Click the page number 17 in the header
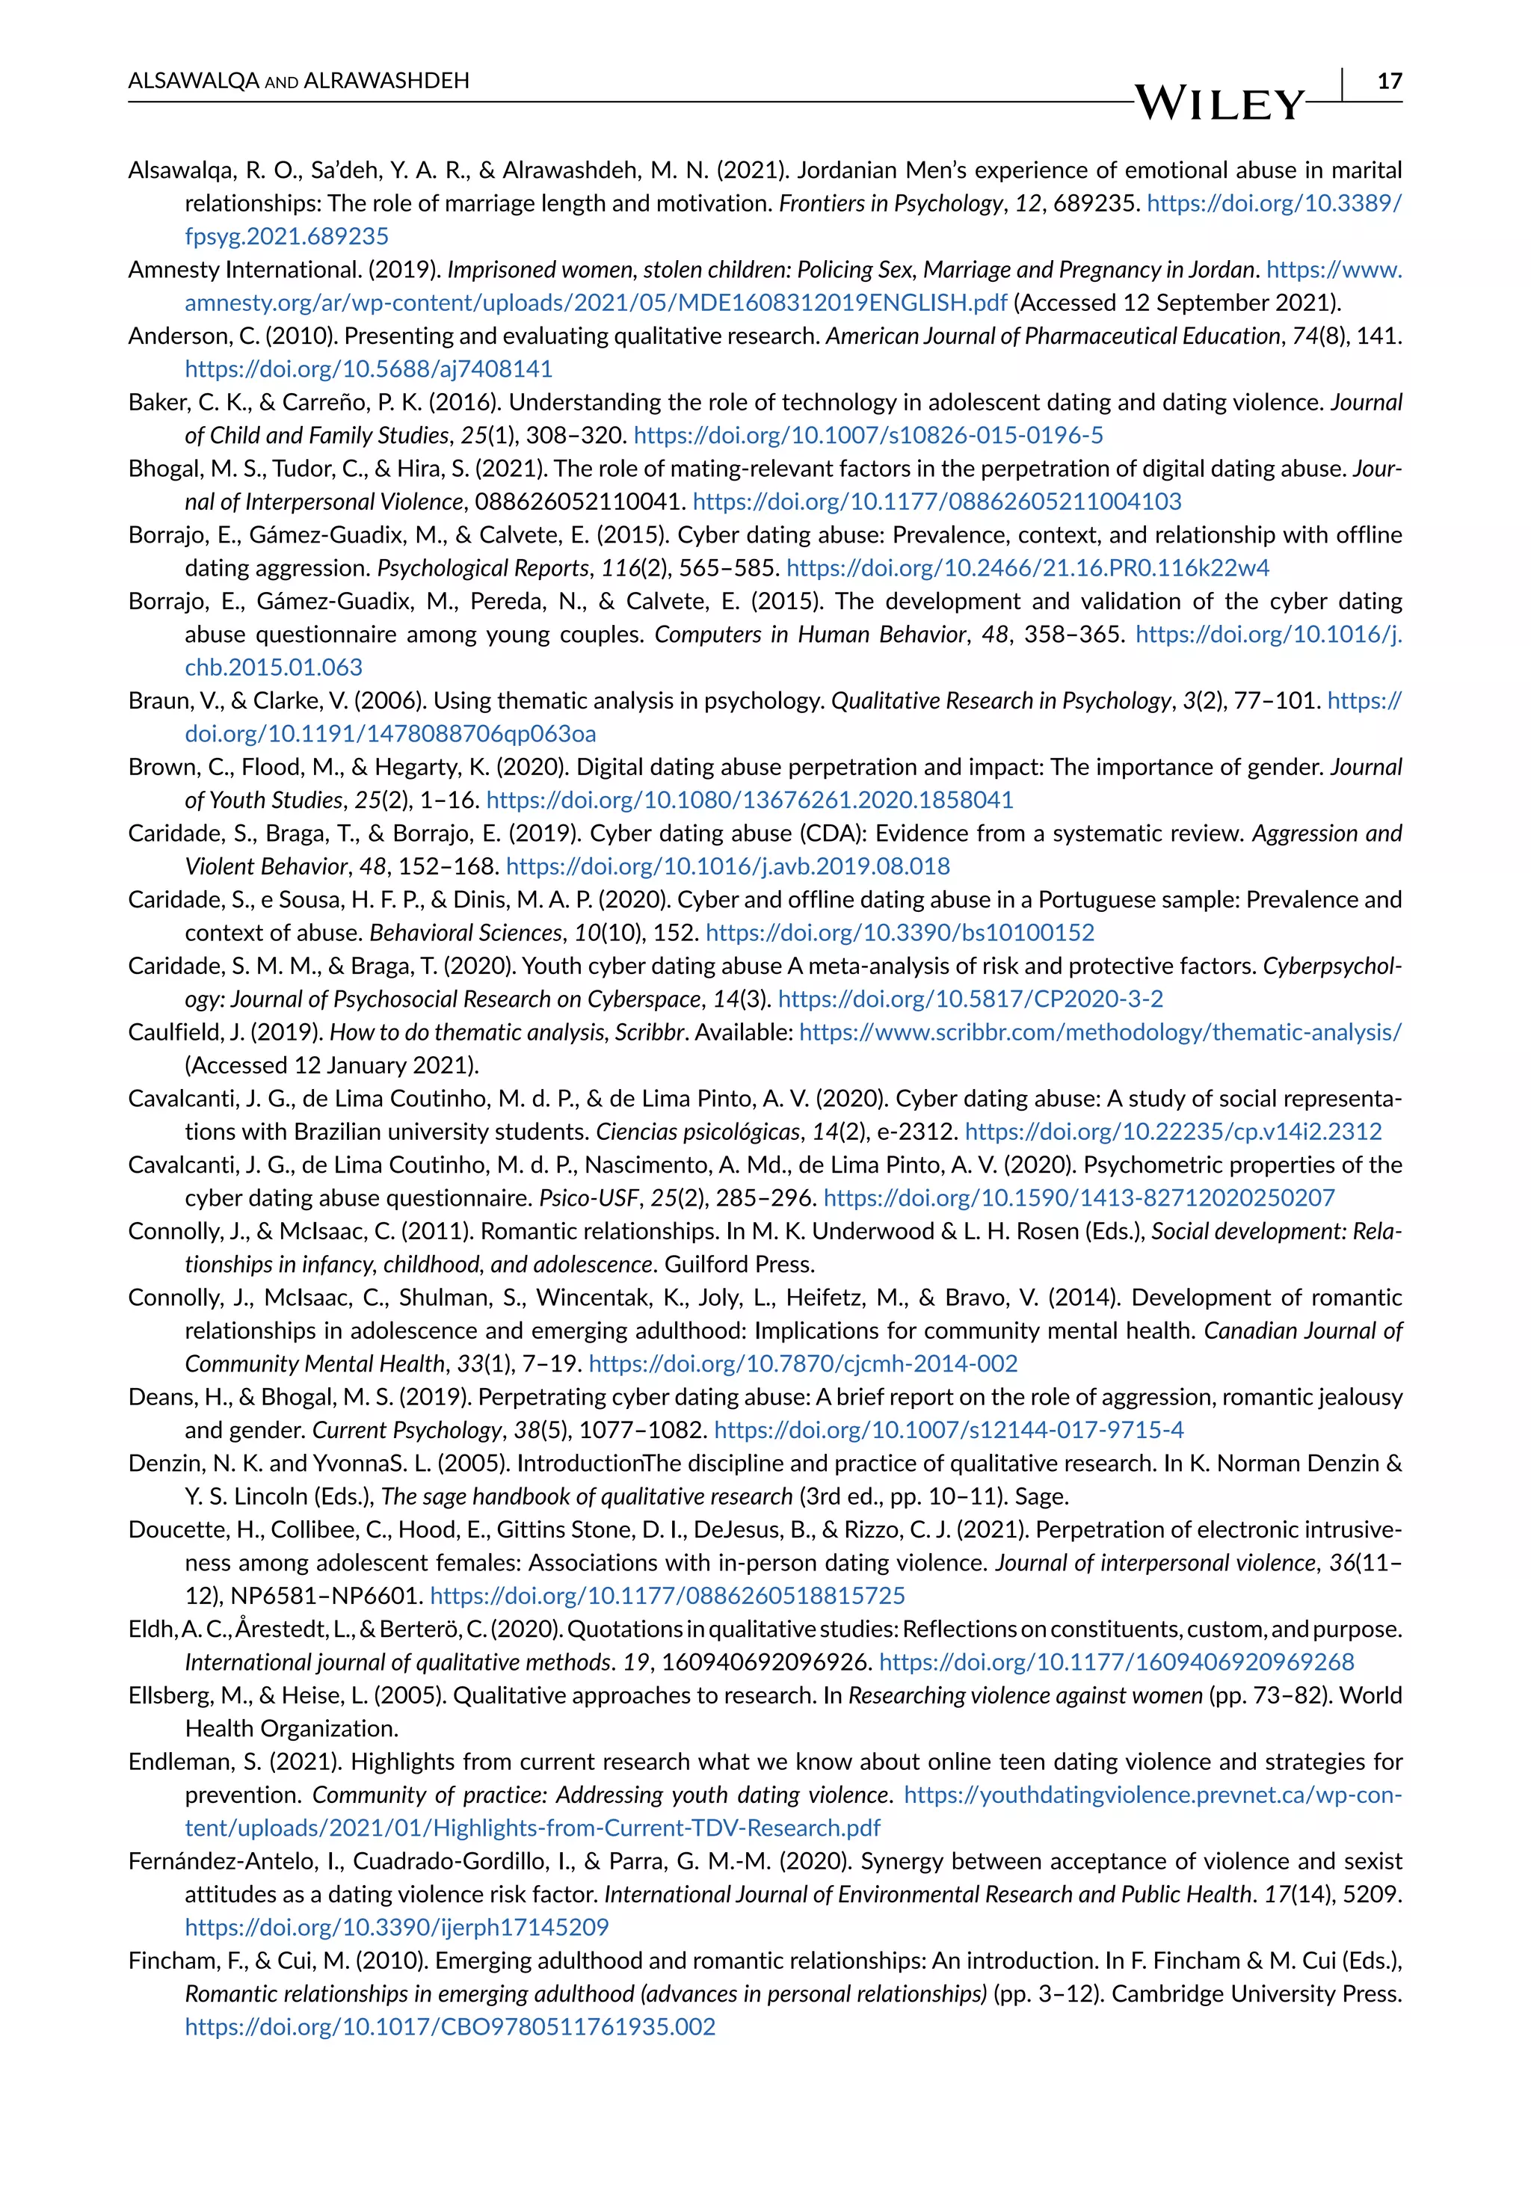tap(1389, 81)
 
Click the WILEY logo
tap(1219, 104)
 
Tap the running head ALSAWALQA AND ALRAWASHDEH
tap(298, 81)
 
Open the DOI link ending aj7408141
tap(369, 369)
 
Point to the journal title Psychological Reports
tap(482, 568)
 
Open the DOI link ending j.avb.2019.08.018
tap(727, 867)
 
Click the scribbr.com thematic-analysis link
tap(1100, 1033)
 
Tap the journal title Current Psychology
tap(407, 1430)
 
